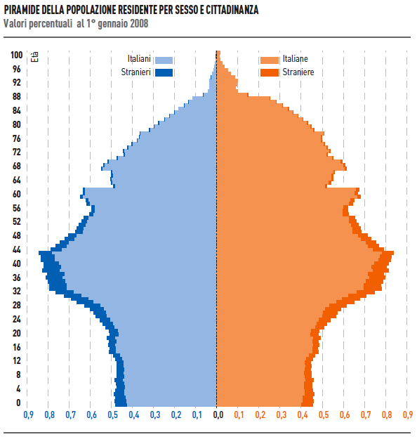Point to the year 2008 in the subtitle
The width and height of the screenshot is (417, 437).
point(138,23)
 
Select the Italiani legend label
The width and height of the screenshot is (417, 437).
point(140,60)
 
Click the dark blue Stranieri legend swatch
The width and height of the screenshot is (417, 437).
point(164,72)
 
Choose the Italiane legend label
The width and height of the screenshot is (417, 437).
point(295,60)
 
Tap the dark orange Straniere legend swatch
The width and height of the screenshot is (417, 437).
point(269,72)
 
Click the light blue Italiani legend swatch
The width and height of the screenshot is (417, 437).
point(164,60)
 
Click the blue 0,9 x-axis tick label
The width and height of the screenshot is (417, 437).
point(28,415)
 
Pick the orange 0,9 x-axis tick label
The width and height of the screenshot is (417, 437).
point(408,415)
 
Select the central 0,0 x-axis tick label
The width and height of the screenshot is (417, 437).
point(218,415)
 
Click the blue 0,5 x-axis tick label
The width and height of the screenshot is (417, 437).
point(112,415)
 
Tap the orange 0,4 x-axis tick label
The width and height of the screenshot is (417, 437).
point(303,415)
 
